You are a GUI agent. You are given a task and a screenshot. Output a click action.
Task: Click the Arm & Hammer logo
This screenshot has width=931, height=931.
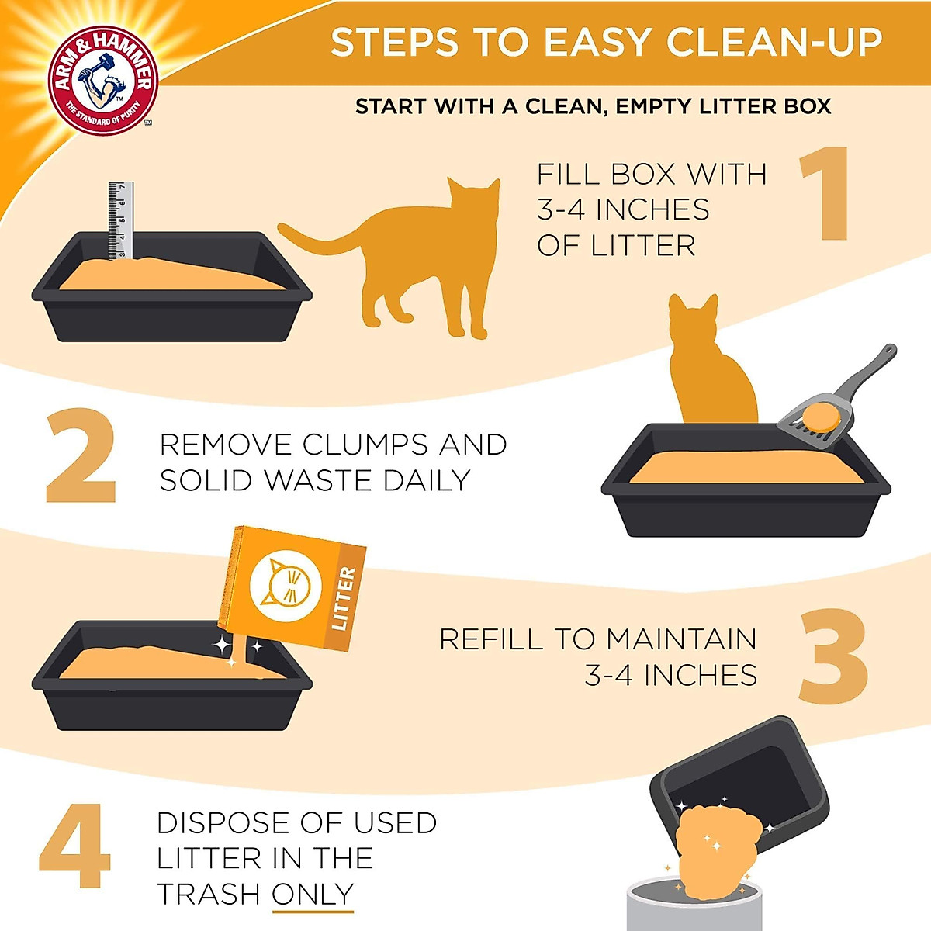click(102, 80)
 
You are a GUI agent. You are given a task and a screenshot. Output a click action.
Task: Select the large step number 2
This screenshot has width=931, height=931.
click(81, 458)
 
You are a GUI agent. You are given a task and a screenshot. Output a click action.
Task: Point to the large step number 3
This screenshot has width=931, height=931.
click(833, 656)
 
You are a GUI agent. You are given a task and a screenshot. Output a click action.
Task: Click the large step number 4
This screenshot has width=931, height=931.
click(75, 846)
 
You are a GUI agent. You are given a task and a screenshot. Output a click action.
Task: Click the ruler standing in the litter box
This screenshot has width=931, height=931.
click(120, 220)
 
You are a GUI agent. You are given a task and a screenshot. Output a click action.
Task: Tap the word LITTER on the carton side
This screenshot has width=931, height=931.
click(343, 598)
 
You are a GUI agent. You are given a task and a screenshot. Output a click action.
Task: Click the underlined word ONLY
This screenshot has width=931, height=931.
click(313, 895)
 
